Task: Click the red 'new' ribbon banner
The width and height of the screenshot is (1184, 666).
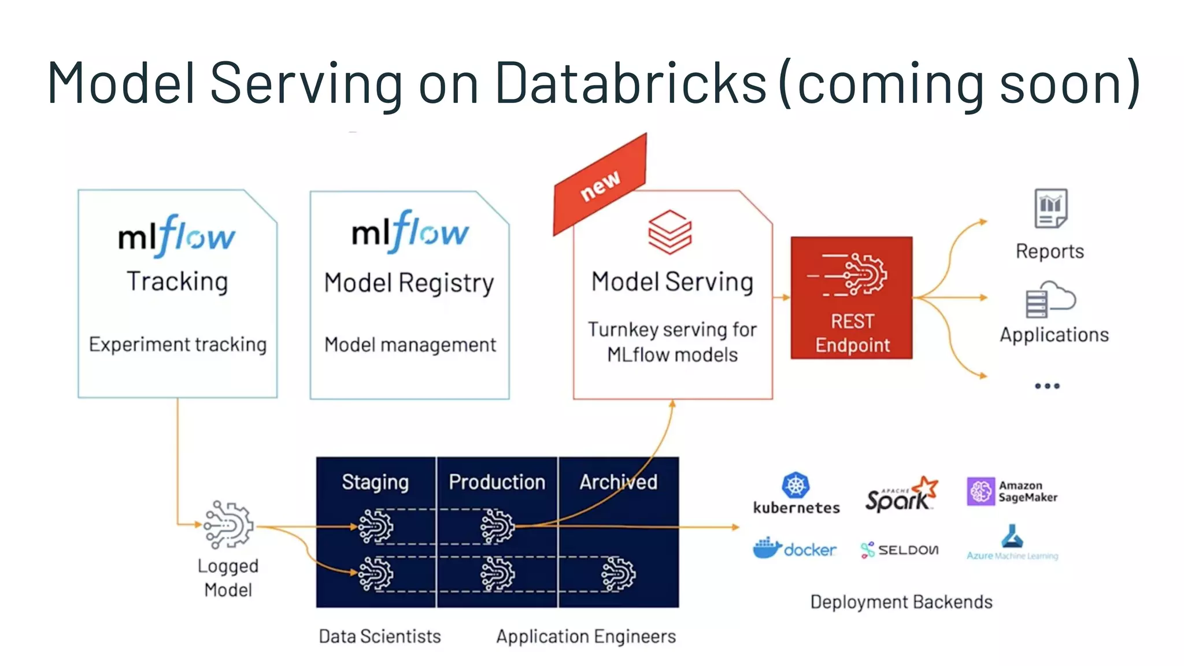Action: coord(600,184)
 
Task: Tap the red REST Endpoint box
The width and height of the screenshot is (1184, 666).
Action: coord(852,298)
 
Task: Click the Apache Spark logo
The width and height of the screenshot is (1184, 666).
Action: coord(901,494)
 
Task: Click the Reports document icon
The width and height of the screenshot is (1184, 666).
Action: coord(1050,208)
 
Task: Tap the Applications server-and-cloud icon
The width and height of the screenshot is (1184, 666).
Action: coord(1050,299)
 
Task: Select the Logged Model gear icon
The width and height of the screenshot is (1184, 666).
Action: coord(229,525)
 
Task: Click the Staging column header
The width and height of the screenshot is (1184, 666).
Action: coord(375,482)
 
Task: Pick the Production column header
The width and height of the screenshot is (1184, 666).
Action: coord(497,482)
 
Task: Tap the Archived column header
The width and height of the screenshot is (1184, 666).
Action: coord(618,482)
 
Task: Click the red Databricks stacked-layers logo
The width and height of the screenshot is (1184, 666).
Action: coord(669,232)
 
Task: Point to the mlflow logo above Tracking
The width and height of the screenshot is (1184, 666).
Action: coord(177,236)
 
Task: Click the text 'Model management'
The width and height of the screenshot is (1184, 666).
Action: coord(410,345)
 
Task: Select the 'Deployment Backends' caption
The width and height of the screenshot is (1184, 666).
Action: coord(901,602)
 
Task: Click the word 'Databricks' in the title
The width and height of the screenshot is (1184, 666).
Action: coord(631,83)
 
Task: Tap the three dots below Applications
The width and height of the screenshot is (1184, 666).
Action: coord(1047,386)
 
